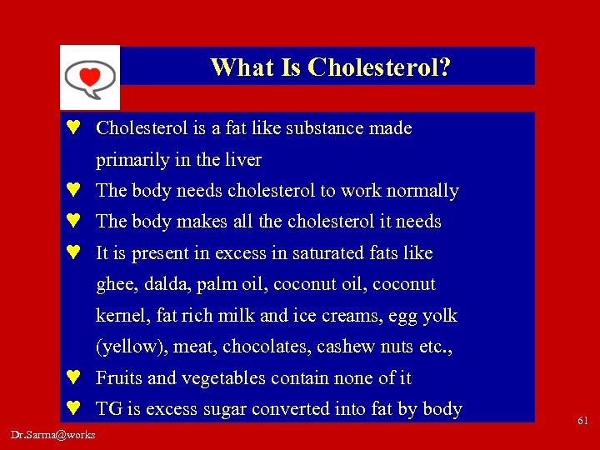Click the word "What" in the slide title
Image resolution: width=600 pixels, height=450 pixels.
click(235, 67)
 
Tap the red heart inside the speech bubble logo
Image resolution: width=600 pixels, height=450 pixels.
click(89, 77)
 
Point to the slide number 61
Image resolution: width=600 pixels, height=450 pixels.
click(582, 422)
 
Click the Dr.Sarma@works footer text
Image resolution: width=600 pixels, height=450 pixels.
click(53, 434)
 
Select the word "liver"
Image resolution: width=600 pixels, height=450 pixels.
click(242, 160)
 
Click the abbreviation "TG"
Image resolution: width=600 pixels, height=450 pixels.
click(109, 409)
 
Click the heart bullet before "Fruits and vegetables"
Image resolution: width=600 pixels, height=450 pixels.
click(74, 377)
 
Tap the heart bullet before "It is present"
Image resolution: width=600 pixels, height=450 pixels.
click(74, 252)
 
